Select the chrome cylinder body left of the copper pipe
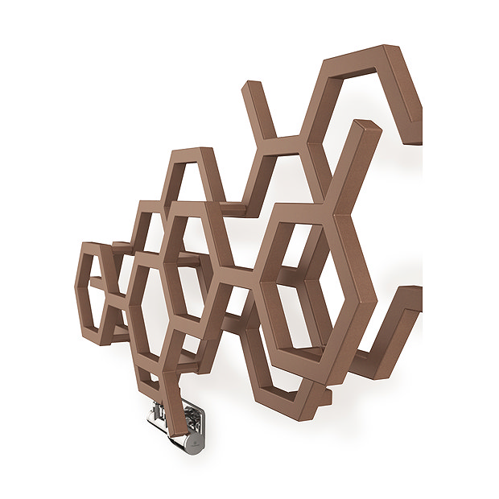coord(157,417)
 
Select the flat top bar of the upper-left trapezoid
coord(194,152)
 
